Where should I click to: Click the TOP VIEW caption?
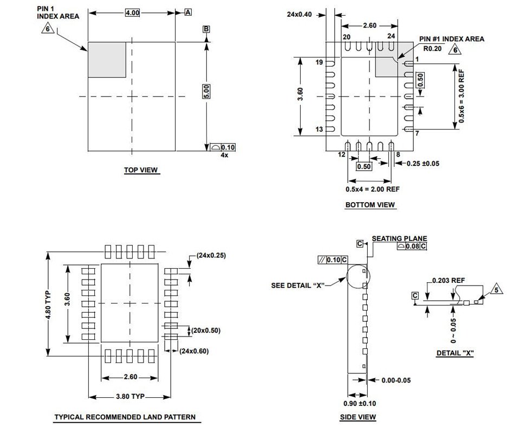[x=141, y=170]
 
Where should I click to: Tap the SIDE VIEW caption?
[x=357, y=417]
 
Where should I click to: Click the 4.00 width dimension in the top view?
[x=132, y=12]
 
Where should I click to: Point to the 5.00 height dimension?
[x=206, y=91]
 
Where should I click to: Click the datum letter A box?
[x=188, y=12]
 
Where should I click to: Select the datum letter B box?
[x=206, y=29]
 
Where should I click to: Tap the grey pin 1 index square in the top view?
[x=107, y=60]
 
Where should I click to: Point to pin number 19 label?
[x=319, y=62]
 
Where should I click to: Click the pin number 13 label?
[x=319, y=130]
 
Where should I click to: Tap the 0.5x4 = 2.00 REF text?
[x=373, y=189]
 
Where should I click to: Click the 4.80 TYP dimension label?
[x=48, y=303]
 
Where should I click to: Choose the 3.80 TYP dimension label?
[x=131, y=397]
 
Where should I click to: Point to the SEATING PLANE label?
[x=399, y=238]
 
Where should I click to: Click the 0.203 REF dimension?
[x=448, y=281]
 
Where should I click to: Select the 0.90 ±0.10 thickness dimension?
[x=360, y=404]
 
